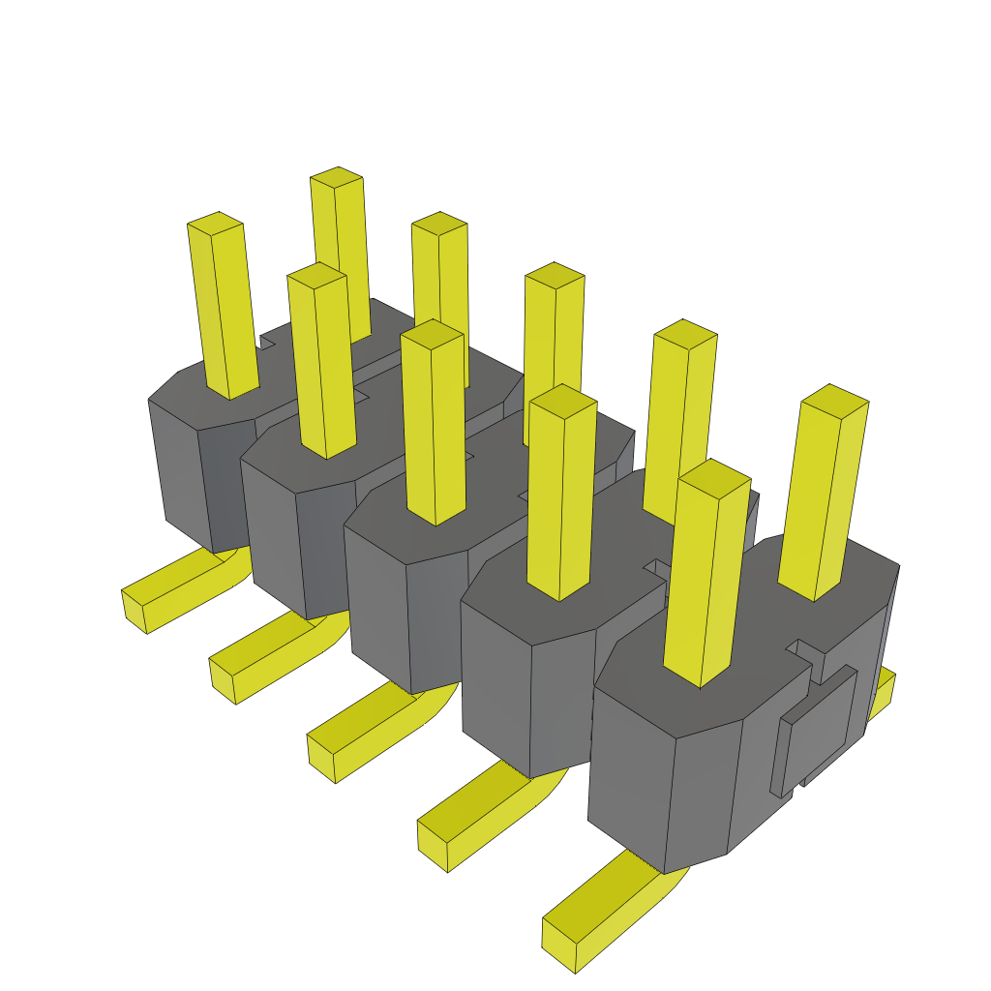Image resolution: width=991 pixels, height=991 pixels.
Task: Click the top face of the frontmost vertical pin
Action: pos(715,473)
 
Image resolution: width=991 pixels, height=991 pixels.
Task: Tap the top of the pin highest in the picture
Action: pos(336,177)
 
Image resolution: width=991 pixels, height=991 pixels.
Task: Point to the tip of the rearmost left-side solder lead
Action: pos(135,611)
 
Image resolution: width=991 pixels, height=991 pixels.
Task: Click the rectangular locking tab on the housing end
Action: pos(819,726)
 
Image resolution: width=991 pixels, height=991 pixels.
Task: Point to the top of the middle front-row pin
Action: pos(433,334)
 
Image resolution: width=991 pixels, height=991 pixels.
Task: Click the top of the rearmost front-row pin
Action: pos(215,223)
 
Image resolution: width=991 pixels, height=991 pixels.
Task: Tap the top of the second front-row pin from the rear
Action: pos(316,275)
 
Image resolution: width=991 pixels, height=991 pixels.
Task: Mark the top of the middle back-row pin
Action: pos(555,274)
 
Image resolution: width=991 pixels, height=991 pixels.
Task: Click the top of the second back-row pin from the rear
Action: pos(439,223)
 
